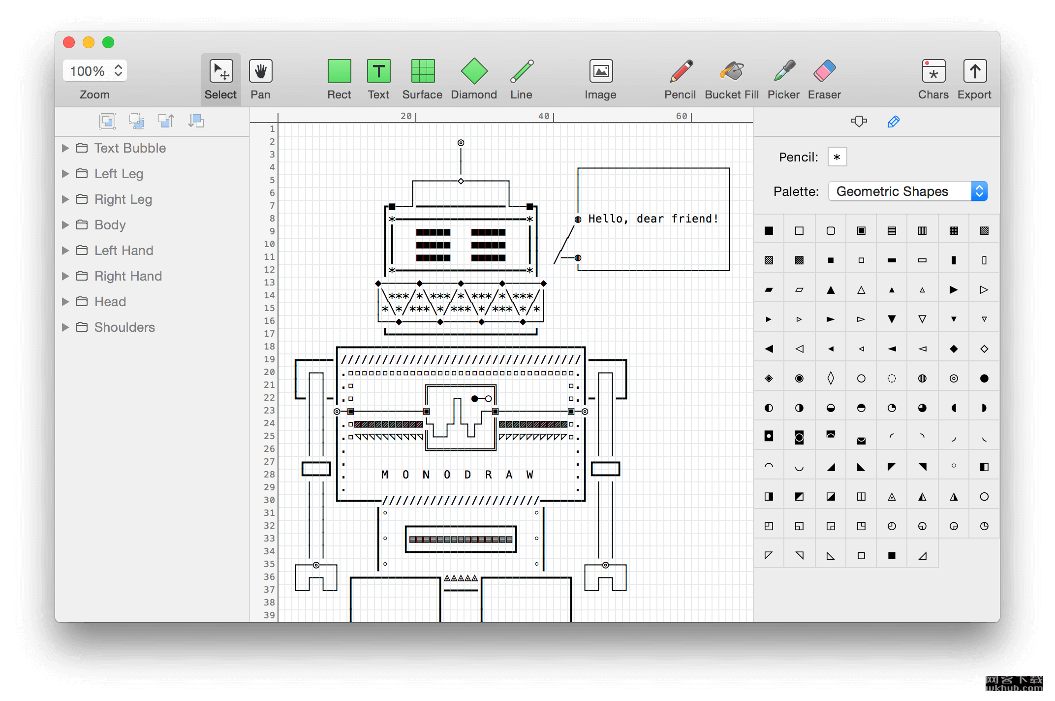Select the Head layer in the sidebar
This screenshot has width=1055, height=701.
tap(110, 302)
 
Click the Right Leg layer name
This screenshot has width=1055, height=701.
tap(124, 199)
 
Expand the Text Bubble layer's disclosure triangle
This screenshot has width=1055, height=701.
tap(65, 148)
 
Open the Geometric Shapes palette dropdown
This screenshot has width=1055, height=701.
tap(908, 191)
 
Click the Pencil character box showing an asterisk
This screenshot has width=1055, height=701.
tap(837, 157)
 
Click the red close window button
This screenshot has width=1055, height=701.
tap(69, 42)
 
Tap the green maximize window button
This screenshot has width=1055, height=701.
tap(108, 42)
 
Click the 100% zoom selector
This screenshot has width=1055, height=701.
tap(95, 71)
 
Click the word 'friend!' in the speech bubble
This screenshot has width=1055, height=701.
tap(695, 219)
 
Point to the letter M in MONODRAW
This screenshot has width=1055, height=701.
tap(385, 475)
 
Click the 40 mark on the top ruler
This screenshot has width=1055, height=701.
tap(544, 116)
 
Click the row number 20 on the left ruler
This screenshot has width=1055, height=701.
tap(269, 372)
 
